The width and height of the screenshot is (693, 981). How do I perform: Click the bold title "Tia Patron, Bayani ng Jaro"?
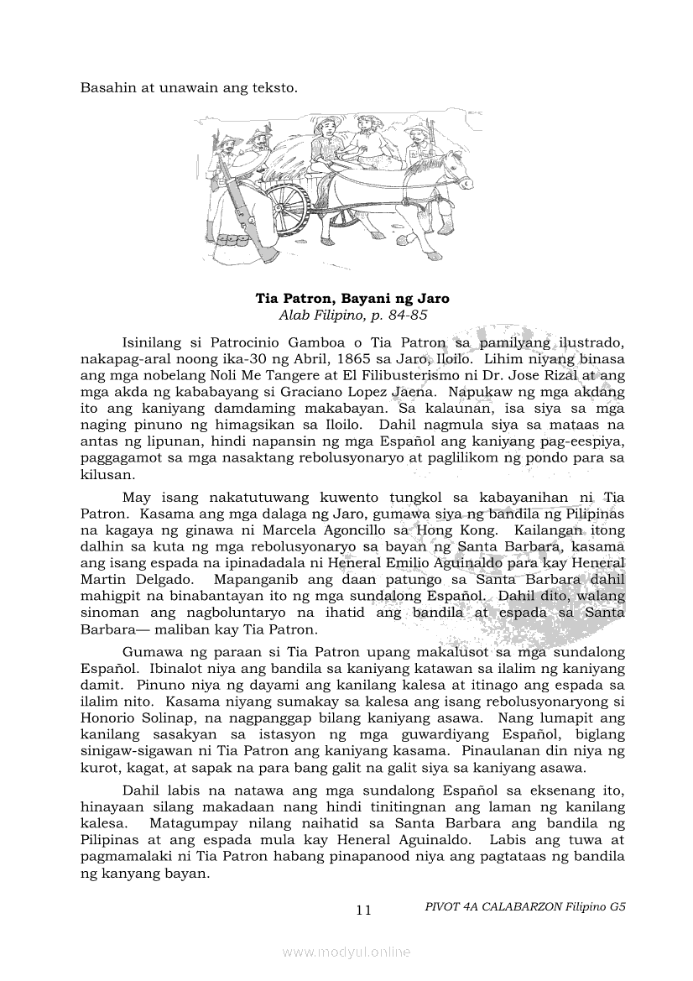(352, 298)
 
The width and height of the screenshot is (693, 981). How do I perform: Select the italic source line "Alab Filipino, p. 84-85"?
(352, 316)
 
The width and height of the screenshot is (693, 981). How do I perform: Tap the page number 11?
(363, 910)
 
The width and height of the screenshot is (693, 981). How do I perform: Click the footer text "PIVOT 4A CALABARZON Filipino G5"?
(526, 906)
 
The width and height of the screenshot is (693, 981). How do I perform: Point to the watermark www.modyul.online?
(346, 952)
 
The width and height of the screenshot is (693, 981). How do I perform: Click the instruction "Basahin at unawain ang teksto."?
(189, 86)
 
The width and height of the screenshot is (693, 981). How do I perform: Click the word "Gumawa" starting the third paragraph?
(148, 652)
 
